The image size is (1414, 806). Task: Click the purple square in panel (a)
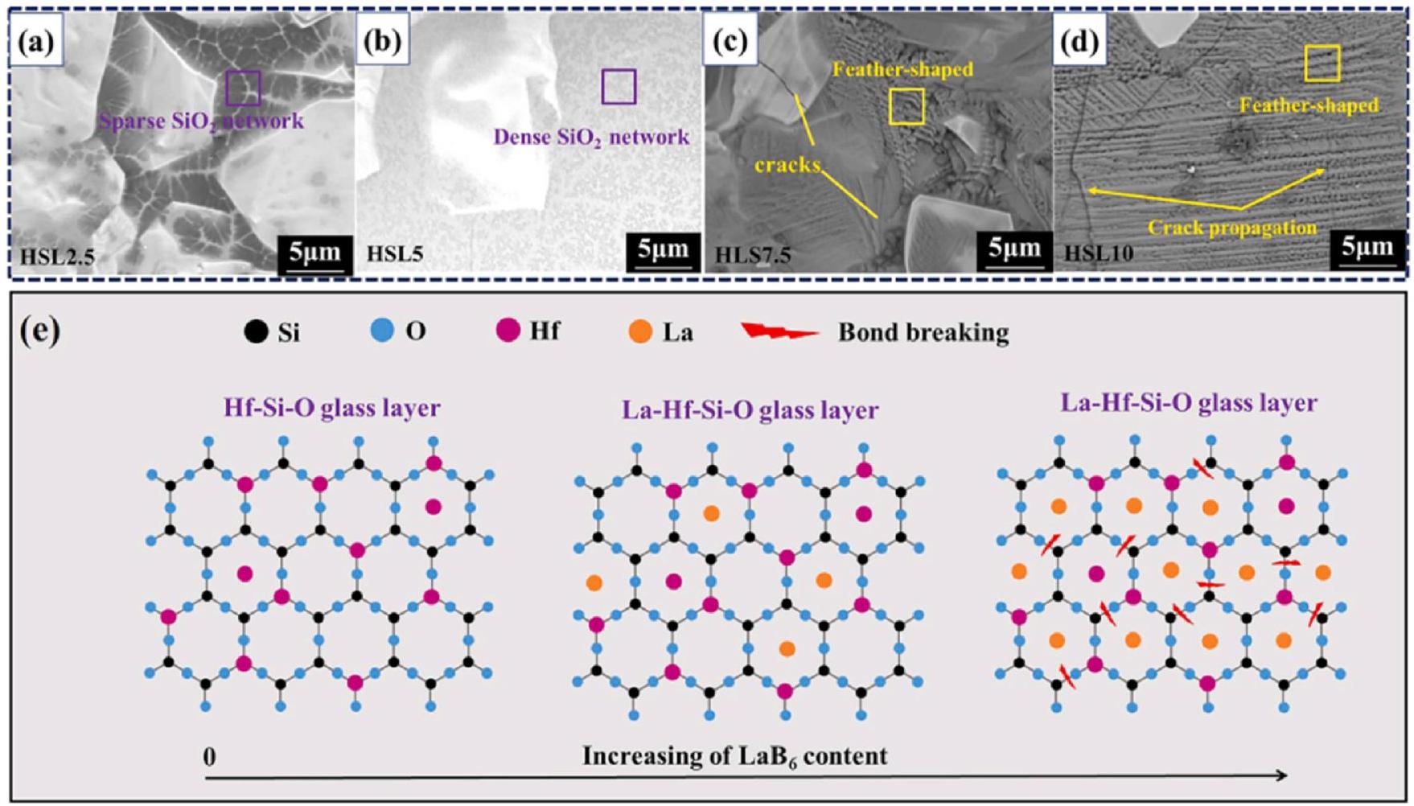[x=243, y=88]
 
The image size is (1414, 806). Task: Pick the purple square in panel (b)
[x=619, y=87]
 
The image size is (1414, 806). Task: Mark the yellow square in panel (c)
[x=906, y=106]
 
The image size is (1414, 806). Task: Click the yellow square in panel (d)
[x=1322, y=64]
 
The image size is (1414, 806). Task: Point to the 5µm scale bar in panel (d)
[x=1367, y=249]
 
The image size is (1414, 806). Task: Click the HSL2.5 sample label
[x=58, y=257]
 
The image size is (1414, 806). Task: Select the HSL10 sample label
[x=1099, y=254]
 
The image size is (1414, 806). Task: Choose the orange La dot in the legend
[x=640, y=331]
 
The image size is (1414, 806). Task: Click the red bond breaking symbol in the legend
[x=779, y=331]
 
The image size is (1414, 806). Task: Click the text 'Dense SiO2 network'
[x=591, y=137]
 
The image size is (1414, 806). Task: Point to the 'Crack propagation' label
[x=1231, y=228]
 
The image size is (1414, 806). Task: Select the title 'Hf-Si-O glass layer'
[x=331, y=408]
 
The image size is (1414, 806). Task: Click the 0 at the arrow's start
[x=210, y=757]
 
